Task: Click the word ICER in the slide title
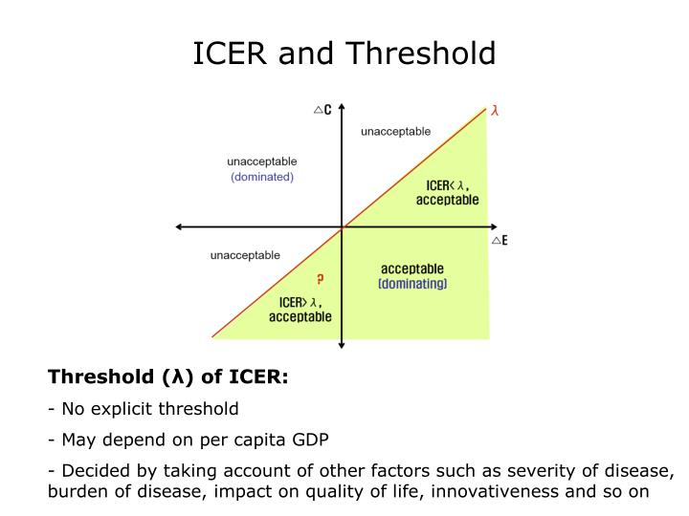pyautogui.click(x=232, y=53)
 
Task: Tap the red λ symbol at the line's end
pyautogui.click(x=495, y=110)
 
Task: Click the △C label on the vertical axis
pyautogui.click(x=322, y=110)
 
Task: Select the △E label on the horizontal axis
pyautogui.click(x=499, y=241)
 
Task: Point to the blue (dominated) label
pyautogui.click(x=261, y=177)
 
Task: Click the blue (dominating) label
pyautogui.click(x=412, y=284)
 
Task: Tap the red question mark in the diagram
pyautogui.click(x=320, y=279)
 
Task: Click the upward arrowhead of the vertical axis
pyautogui.click(x=342, y=108)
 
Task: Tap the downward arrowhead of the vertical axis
pyautogui.click(x=342, y=347)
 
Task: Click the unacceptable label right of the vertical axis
pyautogui.click(x=395, y=131)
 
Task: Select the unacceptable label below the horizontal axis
pyautogui.click(x=245, y=255)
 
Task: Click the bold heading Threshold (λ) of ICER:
pyautogui.click(x=168, y=376)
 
